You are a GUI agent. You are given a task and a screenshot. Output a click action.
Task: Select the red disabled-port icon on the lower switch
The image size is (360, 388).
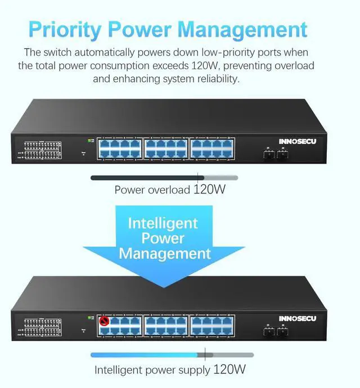[x=103, y=322]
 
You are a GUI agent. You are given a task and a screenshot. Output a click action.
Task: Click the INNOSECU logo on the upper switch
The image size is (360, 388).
[x=298, y=142]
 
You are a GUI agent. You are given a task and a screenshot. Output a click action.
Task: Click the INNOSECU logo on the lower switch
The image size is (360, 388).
[x=298, y=319]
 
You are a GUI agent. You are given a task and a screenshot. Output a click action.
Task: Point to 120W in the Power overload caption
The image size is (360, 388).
[x=209, y=190]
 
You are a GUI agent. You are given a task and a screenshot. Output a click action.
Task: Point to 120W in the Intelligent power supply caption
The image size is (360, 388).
[x=229, y=369]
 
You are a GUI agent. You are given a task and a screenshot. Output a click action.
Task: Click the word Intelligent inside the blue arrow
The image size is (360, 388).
[x=163, y=223]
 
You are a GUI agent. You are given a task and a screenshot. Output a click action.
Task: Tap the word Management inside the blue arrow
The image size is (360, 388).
[x=164, y=254]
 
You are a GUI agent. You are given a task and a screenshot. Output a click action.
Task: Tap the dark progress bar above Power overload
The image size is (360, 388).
[x=144, y=178]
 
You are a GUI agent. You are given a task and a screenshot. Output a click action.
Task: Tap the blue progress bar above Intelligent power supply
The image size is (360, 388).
[x=144, y=355]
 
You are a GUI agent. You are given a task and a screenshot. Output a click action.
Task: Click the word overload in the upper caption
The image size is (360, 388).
[x=169, y=190]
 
